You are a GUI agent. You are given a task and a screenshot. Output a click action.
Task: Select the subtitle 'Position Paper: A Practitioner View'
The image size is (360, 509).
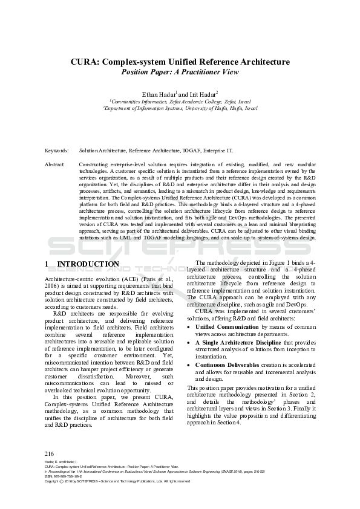click(180, 72)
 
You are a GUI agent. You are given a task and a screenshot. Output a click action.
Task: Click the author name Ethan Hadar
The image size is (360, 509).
click(158, 94)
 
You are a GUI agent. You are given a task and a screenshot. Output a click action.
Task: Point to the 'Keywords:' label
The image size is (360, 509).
click(56, 151)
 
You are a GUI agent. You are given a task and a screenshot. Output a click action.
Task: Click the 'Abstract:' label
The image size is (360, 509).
click(55, 164)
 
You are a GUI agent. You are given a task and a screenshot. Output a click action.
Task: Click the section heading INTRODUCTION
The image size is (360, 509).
click(88, 264)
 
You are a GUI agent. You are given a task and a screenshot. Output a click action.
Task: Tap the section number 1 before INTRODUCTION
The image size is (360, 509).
click(47, 264)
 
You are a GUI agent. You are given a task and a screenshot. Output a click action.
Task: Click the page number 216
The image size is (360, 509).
click(50, 453)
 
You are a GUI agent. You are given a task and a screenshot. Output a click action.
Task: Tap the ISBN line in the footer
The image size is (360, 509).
click(64, 476)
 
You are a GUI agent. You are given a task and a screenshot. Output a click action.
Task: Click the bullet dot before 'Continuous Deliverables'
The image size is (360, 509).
click(189, 365)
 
